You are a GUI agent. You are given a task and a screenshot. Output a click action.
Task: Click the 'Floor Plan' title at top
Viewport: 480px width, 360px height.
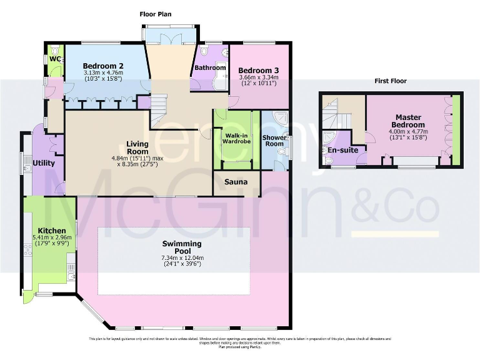155,14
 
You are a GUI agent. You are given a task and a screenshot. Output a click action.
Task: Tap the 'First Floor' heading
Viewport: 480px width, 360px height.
390,81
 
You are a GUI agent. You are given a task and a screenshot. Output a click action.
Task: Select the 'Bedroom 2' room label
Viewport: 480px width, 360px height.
103,66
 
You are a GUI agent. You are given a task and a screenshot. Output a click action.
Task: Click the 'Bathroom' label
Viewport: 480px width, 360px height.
210,67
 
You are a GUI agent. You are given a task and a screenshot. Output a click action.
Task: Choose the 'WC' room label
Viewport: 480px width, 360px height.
55,59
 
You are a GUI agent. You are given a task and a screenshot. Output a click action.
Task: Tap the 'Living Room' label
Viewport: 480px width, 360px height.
137,147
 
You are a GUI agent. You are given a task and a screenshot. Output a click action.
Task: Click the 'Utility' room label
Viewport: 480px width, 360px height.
44,163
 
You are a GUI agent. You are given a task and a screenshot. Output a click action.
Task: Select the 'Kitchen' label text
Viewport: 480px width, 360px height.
47,230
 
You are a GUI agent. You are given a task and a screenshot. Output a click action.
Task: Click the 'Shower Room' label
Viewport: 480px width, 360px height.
274,141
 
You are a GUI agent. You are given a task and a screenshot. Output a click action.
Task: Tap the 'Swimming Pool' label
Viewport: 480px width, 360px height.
182,247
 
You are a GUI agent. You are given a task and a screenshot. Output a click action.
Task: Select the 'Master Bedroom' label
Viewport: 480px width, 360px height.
408,121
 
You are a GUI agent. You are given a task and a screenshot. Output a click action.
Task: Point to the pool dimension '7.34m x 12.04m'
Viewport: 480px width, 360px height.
182,257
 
